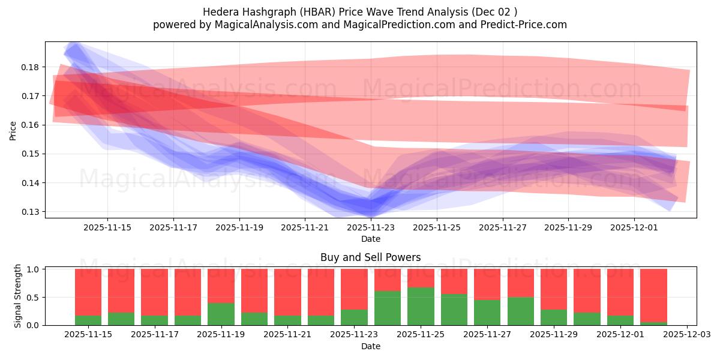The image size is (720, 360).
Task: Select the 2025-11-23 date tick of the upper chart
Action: tap(371, 228)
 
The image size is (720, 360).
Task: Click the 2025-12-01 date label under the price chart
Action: tap(634, 228)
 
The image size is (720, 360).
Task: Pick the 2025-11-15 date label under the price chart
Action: tap(107, 228)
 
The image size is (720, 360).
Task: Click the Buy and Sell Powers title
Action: tap(370, 257)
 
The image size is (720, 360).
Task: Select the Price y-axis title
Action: tap(13, 130)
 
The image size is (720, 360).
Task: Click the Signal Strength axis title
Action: tap(18, 295)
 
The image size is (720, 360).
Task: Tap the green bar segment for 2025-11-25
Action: tap(421, 307)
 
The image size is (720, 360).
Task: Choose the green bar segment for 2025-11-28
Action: tap(520, 311)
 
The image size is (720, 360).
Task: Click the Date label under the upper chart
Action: tap(370, 239)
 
